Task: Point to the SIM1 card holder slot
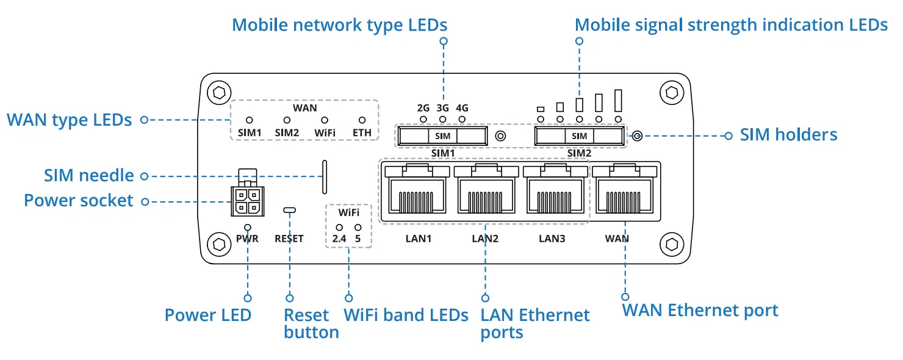(x=442, y=136)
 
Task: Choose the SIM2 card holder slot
(x=579, y=136)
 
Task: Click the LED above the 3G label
(x=442, y=120)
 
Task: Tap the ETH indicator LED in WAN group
(x=362, y=120)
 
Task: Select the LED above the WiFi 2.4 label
(x=339, y=228)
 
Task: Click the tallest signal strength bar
(x=618, y=101)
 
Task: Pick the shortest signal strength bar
(x=541, y=109)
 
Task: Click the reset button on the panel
(x=289, y=210)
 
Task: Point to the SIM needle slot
(x=325, y=177)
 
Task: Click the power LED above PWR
(x=248, y=228)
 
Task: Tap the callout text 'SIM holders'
(x=788, y=135)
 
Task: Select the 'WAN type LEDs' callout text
(x=70, y=120)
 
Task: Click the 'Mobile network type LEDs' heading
(x=339, y=25)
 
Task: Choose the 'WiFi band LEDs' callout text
(x=406, y=315)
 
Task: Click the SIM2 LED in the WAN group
(x=287, y=120)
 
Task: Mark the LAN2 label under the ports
(x=485, y=239)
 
